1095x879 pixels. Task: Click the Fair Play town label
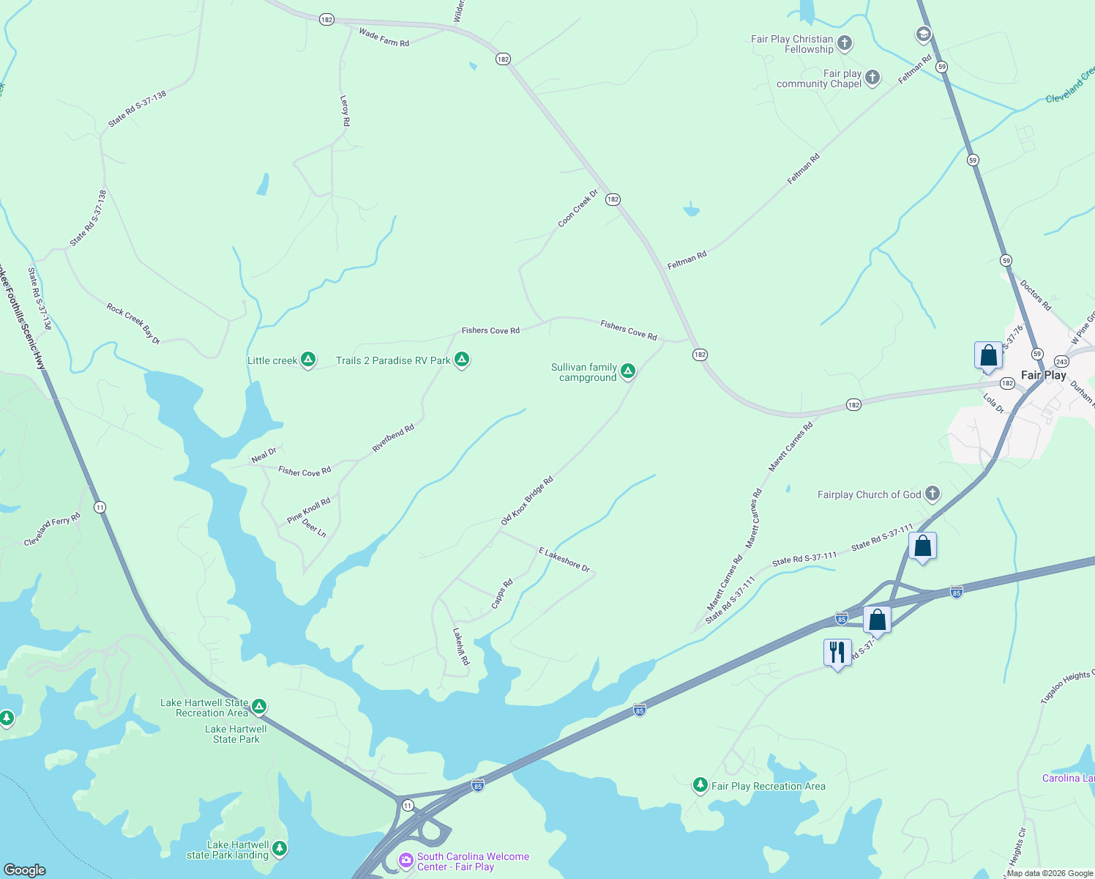pos(1043,375)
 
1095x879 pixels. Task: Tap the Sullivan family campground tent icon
pos(627,371)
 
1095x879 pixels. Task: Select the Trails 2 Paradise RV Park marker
pos(461,360)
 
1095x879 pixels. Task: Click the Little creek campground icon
pos(308,360)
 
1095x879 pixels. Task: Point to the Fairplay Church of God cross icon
pos(932,494)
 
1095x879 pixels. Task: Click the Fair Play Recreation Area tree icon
pos(700,785)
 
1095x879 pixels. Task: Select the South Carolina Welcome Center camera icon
pos(406,860)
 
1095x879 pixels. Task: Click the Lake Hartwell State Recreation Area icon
pos(259,707)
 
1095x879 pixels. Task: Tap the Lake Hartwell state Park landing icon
pos(279,849)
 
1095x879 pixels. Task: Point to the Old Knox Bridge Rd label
pos(527,501)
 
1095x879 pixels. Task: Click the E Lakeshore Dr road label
pos(564,559)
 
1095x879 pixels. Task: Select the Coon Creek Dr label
pos(578,209)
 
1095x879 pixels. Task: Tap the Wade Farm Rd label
pos(384,37)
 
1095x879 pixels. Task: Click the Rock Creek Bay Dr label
pos(133,324)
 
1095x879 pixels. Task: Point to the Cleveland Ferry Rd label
pos(52,530)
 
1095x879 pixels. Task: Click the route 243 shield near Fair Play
pos(1061,362)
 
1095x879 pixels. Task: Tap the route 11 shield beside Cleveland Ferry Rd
pos(100,507)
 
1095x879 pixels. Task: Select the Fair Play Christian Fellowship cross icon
pos(845,43)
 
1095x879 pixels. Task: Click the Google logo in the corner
pos(24,869)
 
